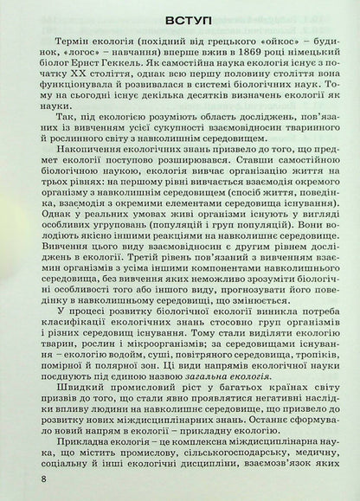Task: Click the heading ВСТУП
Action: click(x=179, y=22)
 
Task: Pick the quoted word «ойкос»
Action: click(x=251, y=51)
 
